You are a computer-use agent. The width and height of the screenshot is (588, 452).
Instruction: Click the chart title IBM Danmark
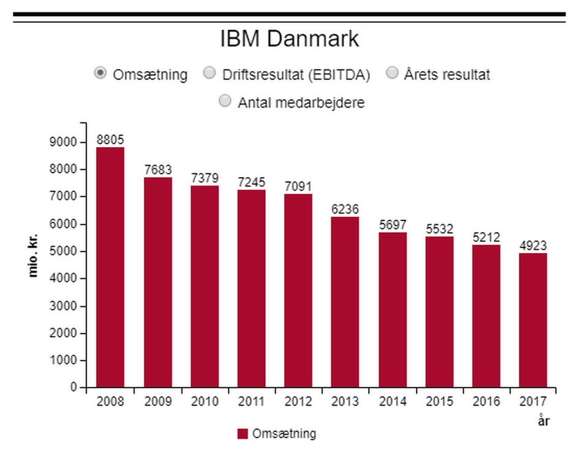(x=289, y=39)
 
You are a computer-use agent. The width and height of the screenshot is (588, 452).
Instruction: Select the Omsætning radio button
(x=100, y=73)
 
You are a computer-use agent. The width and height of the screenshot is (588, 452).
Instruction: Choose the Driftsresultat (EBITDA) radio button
(x=209, y=73)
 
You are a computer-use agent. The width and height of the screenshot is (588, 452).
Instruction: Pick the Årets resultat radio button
(x=393, y=73)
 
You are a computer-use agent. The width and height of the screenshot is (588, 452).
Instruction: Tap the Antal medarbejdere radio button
(x=225, y=101)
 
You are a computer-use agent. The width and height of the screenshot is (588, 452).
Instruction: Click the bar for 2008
(x=110, y=267)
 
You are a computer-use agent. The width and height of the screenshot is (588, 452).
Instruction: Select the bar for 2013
(x=345, y=302)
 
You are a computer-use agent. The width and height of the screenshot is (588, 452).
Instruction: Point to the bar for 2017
(x=532, y=320)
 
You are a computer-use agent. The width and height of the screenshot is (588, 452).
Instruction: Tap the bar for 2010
(x=204, y=286)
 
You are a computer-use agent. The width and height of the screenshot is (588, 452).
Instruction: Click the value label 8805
(x=110, y=140)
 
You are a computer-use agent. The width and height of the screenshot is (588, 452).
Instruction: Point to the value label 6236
(x=345, y=209)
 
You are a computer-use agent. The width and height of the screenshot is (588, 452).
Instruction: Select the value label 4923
(x=532, y=246)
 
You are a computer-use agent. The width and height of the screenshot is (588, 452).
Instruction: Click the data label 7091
(x=298, y=186)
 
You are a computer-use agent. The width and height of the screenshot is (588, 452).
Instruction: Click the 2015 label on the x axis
(x=439, y=402)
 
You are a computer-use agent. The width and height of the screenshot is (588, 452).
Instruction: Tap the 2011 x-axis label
(x=251, y=402)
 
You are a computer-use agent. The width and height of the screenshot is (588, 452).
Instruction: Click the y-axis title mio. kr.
(x=33, y=254)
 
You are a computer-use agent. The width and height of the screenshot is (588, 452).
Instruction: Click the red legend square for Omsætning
(x=243, y=434)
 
